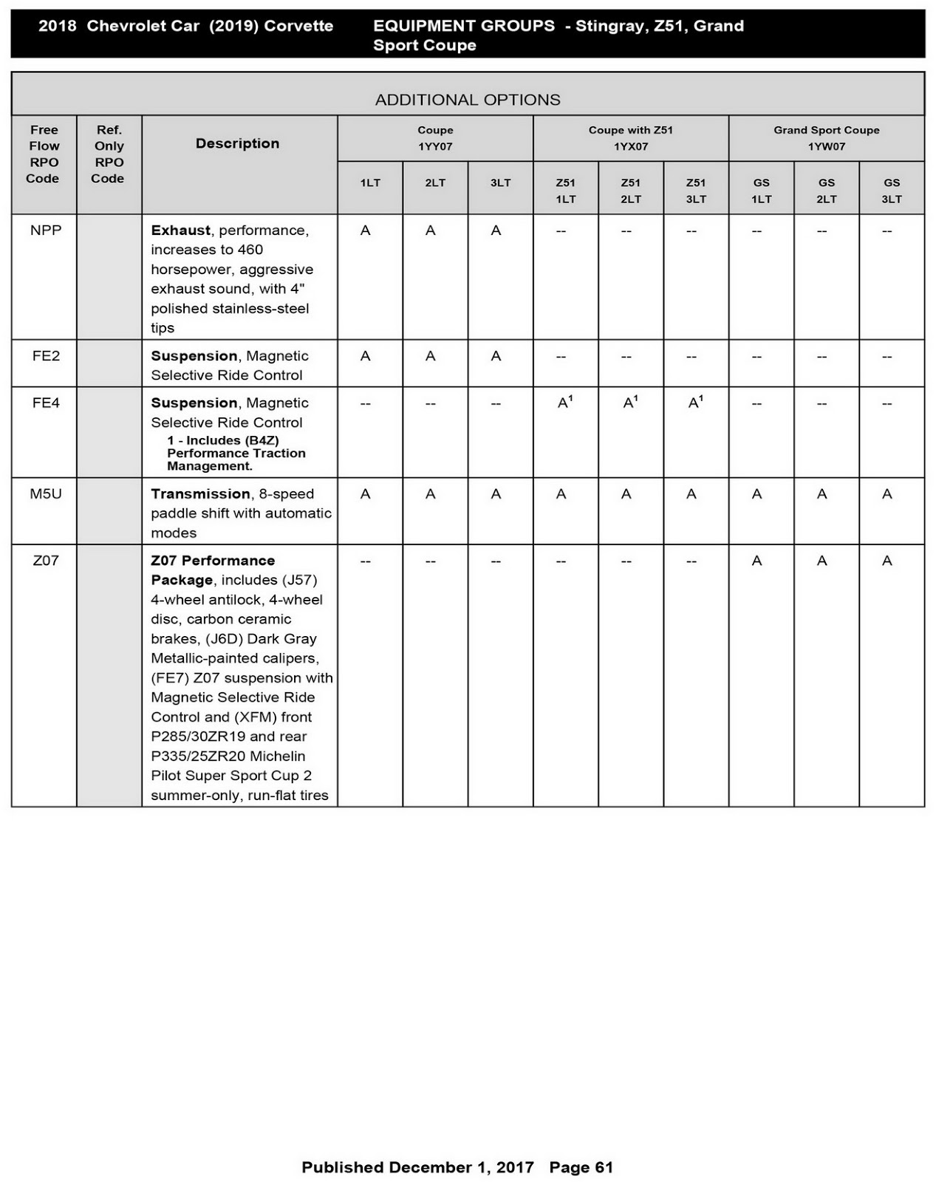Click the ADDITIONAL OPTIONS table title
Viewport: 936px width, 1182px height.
pyautogui.click(x=468, y=100)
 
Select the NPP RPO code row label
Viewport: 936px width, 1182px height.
pyautogui.click(x=46, y=230)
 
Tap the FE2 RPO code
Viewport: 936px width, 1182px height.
pyautogui.click(x=46, y=356)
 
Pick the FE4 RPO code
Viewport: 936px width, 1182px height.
pyautogui.click(x=46, y=403)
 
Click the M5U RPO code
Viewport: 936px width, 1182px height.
pyautogui.click(x=46, y=493)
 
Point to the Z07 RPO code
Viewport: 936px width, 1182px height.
pyautogui.click(x=46, y=561)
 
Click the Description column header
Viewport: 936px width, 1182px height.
pyautogui.click(x=237, y=143)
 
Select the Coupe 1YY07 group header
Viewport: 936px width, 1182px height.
pyautogui.click(x=435, y=138)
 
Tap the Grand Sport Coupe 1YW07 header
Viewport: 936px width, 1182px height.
pyautogui.click(x=826, y=138)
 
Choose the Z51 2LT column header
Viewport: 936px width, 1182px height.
pyautogui.click(x=631, y=191)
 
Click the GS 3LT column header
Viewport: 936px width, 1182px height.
pyautogui.click(x=892, y=191)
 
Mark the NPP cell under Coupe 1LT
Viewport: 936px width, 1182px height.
pyautogui.click(x=366, y=231)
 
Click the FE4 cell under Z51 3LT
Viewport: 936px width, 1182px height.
pyautogui.click(x=694, y=403)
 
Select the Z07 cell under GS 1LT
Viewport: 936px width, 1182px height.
pyautogui.click(x=756, y=561)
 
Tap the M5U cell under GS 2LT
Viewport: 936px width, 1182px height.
pyautogui.click(x=822, y=494)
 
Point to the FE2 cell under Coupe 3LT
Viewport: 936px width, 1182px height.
pyautogui.click(x=496, y=357)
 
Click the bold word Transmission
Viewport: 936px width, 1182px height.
pyautogui.click(x=200, y=493)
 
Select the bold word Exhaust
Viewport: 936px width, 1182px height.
pyautogui.click(x=180, y=230)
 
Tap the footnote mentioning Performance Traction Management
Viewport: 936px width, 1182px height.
pyautogui.click(x=236, y=453)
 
